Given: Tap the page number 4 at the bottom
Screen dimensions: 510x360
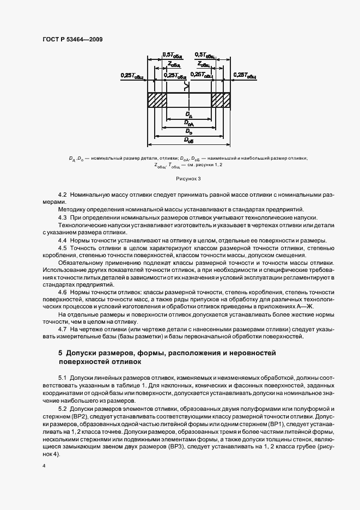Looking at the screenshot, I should click(x=44, y=466).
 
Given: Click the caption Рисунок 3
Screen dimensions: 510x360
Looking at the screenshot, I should click(x=188, y=178).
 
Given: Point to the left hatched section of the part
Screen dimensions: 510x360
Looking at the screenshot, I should click(x=157, y=100).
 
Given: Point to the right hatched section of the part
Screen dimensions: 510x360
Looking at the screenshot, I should click(x=221, y=100).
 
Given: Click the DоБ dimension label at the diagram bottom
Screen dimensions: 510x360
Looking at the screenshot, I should click(x=188, y=140).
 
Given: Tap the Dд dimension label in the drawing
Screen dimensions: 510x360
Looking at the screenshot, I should click(x=188, y=114).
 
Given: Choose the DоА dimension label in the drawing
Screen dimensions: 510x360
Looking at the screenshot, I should click(x=188, y=123).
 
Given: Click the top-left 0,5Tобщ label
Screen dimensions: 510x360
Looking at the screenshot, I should click(x=173, y=54).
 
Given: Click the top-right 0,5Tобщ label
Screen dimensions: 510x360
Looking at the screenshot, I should click(x=205, y=54).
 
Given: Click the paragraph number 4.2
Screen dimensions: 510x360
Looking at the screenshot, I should click(x=62, y=195).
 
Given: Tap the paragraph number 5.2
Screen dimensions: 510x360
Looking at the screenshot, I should click(x=62, y=409).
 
